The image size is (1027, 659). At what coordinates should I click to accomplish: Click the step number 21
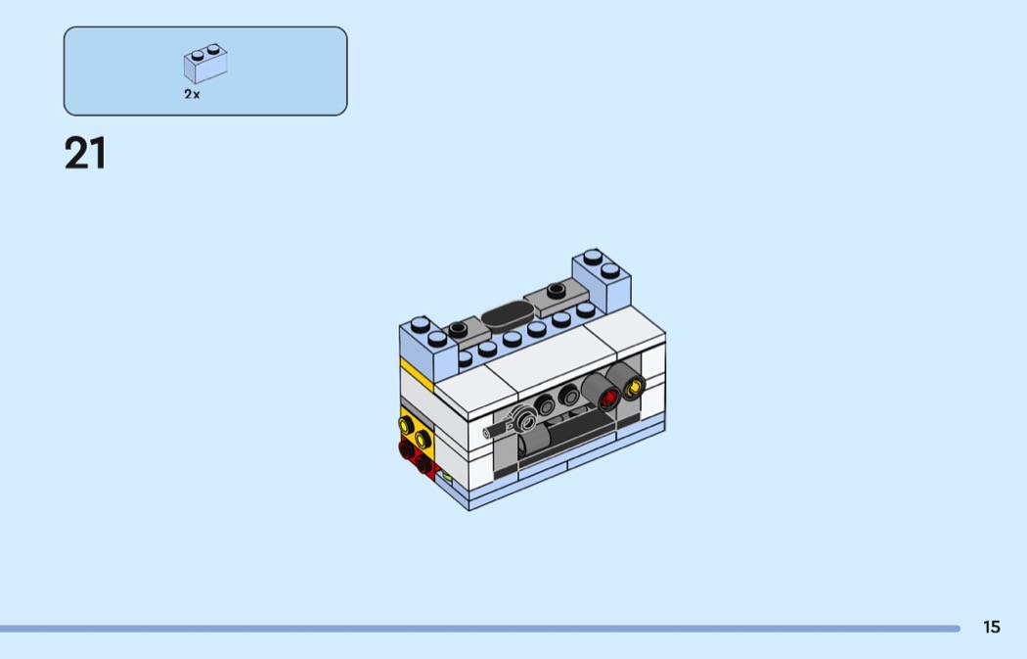(85, 154)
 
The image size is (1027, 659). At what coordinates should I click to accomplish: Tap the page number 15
(992, 627)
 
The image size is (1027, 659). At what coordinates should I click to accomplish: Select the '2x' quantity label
(192, 94)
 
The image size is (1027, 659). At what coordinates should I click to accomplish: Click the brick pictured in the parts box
(205, 64)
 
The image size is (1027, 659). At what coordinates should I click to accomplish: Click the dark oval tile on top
(508, 313)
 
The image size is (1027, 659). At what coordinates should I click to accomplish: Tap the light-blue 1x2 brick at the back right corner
(602, 280)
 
